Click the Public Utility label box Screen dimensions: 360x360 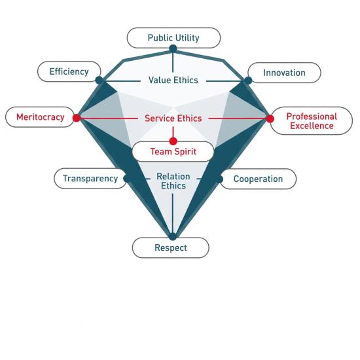[x=173, y=38]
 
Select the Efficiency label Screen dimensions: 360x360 [x=69, y=71]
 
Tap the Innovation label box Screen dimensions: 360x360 [x=284, y=73]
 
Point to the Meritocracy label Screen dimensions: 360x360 [x=40, y=117]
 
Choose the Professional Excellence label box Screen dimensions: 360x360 [x=312, y=121]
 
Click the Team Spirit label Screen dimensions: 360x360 [x=173, y=152]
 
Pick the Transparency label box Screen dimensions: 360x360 [x=90, y=179]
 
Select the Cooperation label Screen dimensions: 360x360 [x=258, y=179]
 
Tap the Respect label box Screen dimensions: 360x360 [x=171, y=247]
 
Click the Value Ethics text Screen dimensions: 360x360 [x=173, y=80]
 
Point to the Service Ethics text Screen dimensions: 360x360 [x=173, y=118]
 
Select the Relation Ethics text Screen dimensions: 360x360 [x=173, y=181]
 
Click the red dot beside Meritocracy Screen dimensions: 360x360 [x=77, y=118]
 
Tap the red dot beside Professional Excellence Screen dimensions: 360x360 [x=270, y=118]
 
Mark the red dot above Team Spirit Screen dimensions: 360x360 [x=173, y=141]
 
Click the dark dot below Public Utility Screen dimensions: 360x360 [x=173, y=48]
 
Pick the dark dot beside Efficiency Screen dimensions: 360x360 [x=99, y=81]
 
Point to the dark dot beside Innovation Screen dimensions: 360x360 [x=248, y=81]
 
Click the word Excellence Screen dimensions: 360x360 [x=312, y=126]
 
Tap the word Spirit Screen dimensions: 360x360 [x=185, y=152]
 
